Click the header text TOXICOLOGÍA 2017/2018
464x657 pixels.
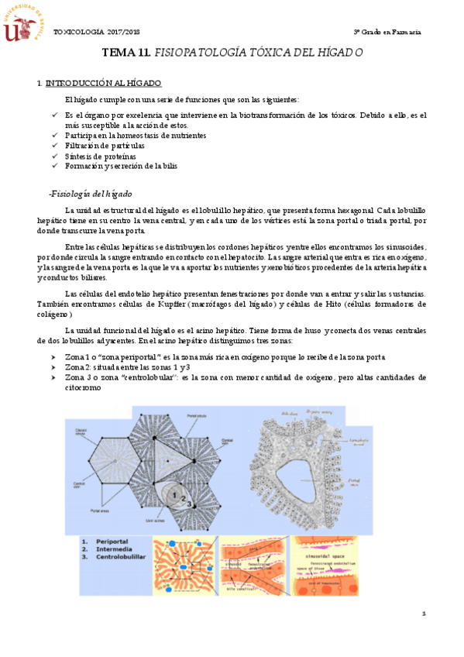tap(97, 31)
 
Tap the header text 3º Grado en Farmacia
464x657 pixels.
tap(387, 31)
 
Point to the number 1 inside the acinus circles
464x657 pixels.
tap(177, 492)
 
